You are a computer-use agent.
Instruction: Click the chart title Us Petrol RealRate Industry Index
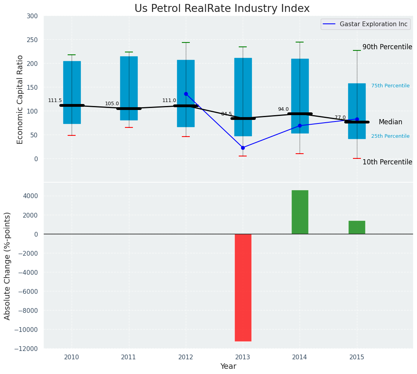(x=222, y=9)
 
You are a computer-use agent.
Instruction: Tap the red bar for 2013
(x=243, y=287)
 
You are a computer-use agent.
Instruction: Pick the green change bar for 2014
(x=300, y=212)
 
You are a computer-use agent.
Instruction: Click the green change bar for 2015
(x=357, y=227)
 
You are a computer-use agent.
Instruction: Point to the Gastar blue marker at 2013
(x=243, y=148)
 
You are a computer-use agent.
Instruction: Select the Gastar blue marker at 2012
(x=186, y=94)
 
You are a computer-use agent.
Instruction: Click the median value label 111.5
(x=55, y=100)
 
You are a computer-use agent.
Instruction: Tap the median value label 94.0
(x=283, y=109)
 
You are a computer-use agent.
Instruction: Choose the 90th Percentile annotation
(x=387, y=47)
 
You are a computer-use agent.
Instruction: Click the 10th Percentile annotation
(x=387, y=162)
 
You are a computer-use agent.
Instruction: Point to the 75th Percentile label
(x=390, y=86)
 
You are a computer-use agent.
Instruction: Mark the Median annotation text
(x=390, y=122)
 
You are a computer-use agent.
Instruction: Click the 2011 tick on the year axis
(x=129, y=357)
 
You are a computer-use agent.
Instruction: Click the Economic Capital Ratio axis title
(x=20, y=99)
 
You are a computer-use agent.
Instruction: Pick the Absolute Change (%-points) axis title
(x=8, y=266)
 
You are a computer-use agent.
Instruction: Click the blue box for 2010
(x=72, y=75)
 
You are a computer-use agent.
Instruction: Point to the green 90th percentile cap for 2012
(x=186, y=42)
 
